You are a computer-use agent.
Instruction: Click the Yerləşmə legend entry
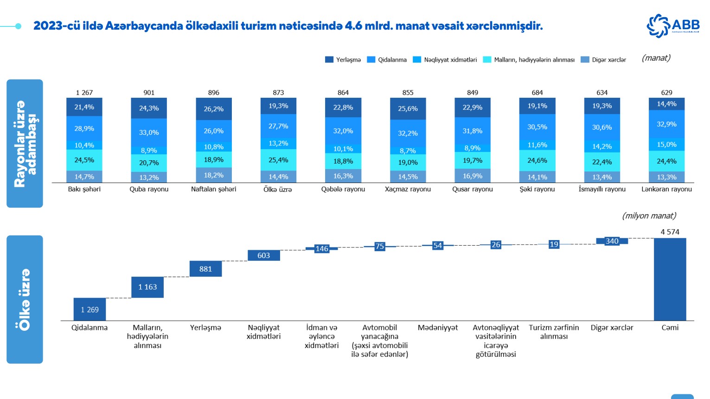coord(343,60)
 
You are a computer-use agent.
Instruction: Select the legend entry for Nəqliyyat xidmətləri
coord(445,60)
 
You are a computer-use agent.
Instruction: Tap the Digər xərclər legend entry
coord(603,60)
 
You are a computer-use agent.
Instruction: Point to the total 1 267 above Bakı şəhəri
coord(84,93)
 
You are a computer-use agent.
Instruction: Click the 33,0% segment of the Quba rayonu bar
coord(149,132)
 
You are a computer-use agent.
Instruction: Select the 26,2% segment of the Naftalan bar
coord(214,109)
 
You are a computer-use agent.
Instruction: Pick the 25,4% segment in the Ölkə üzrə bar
coord(278,160)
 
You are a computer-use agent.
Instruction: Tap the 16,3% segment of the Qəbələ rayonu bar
coord(343,176)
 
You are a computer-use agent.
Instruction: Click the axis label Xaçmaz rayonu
coord(408,189)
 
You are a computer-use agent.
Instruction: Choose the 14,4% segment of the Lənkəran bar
coord(666,104)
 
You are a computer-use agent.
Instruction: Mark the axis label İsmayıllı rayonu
coord(602,189)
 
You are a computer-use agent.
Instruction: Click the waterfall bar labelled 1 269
coord(90,309)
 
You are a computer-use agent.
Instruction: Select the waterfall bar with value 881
coord(205,269)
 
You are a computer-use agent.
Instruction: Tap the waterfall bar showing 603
coord(263,255)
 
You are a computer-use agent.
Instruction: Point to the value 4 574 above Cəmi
coord(670,232)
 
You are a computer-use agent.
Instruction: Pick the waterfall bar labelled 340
coord(612,241)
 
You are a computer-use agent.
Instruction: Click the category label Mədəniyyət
coord(437,328)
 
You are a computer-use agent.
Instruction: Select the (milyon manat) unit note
coord(649,216)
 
